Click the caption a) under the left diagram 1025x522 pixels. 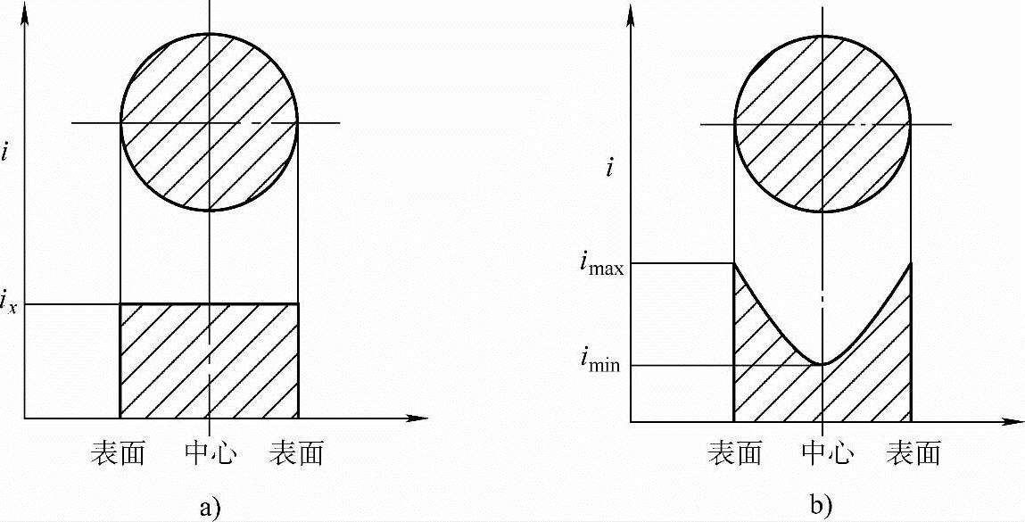(209, 508)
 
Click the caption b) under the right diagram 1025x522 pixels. (822, 504)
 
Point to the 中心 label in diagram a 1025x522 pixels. (209, 454)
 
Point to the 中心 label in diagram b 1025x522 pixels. (822, 454)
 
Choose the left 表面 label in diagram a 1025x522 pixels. (118, 454)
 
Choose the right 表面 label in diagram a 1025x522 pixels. (297, 454)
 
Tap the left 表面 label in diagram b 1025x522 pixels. (734, 454)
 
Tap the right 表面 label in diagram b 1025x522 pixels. (913, 454)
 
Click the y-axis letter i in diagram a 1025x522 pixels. (7, 152)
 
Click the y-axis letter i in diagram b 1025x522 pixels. (609, 166)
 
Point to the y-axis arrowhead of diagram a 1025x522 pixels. (28, 11)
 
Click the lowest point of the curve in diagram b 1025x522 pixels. (822, 363)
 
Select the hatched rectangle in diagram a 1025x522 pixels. (209, 360)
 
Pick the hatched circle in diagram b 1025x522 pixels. (822, 123)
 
